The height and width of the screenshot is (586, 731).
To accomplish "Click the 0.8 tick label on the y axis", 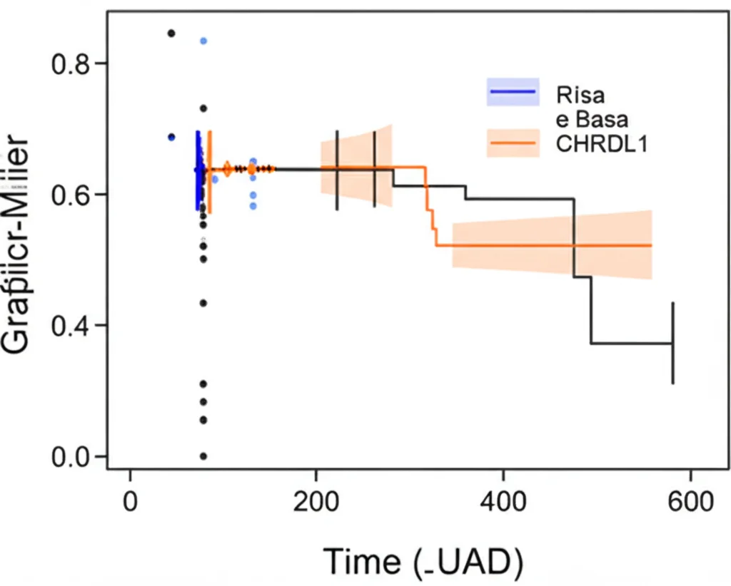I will (x=70, y=63).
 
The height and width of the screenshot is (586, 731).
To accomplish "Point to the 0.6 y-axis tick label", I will (x=70, y=194).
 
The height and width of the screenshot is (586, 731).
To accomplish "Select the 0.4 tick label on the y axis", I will (x=70, y=325).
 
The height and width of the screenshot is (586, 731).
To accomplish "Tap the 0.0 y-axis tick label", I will (x=70, y=456).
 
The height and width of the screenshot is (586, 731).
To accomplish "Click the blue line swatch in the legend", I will (x=513, y=91).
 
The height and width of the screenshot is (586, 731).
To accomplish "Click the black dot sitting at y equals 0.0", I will (x=203, y=456).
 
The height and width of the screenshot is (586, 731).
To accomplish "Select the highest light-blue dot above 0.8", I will (x=203, y=41).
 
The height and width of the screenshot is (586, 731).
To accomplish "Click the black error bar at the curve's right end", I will (x=672, y=343).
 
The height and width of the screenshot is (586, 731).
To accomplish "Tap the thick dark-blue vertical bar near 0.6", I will (x=198, y=170).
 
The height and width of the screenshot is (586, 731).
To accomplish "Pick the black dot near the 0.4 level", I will (x=203, y=303).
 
